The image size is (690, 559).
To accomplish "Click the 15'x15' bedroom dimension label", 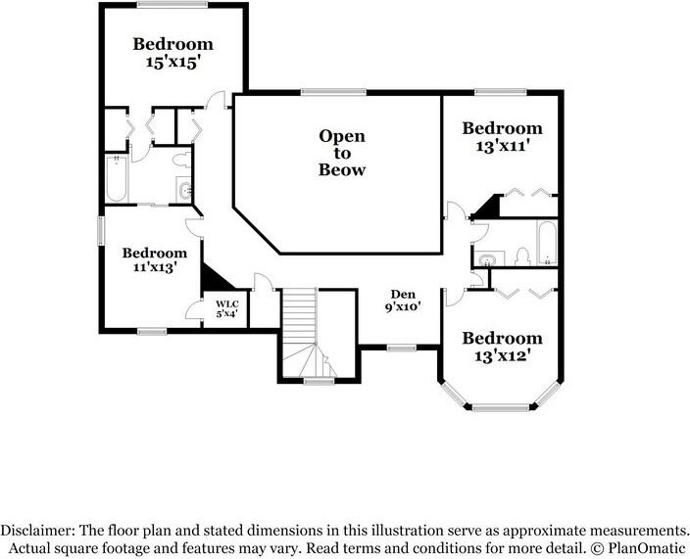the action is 173,63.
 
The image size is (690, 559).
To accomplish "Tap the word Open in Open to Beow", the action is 342,136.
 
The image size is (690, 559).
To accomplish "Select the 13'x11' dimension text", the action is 502,146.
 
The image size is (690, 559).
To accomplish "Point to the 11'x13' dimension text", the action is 155,266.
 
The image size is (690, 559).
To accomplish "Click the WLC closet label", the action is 227,304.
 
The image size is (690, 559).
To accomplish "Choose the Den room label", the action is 403,295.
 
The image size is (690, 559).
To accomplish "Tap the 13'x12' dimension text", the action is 502,355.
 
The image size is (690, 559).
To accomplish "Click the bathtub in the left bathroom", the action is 117,178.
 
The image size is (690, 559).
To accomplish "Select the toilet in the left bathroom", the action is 181,160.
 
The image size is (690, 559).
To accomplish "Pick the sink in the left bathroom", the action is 184,190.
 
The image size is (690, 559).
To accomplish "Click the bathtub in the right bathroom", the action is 547,243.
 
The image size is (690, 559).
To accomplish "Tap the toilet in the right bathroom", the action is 522,257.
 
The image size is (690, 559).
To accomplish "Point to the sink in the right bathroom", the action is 488,258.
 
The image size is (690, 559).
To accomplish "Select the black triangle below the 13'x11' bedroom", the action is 486,207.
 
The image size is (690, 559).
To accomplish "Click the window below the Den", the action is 402,349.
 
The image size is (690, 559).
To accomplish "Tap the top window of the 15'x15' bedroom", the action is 172,5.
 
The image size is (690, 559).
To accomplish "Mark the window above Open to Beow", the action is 333,92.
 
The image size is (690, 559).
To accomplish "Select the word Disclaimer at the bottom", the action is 37,530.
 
